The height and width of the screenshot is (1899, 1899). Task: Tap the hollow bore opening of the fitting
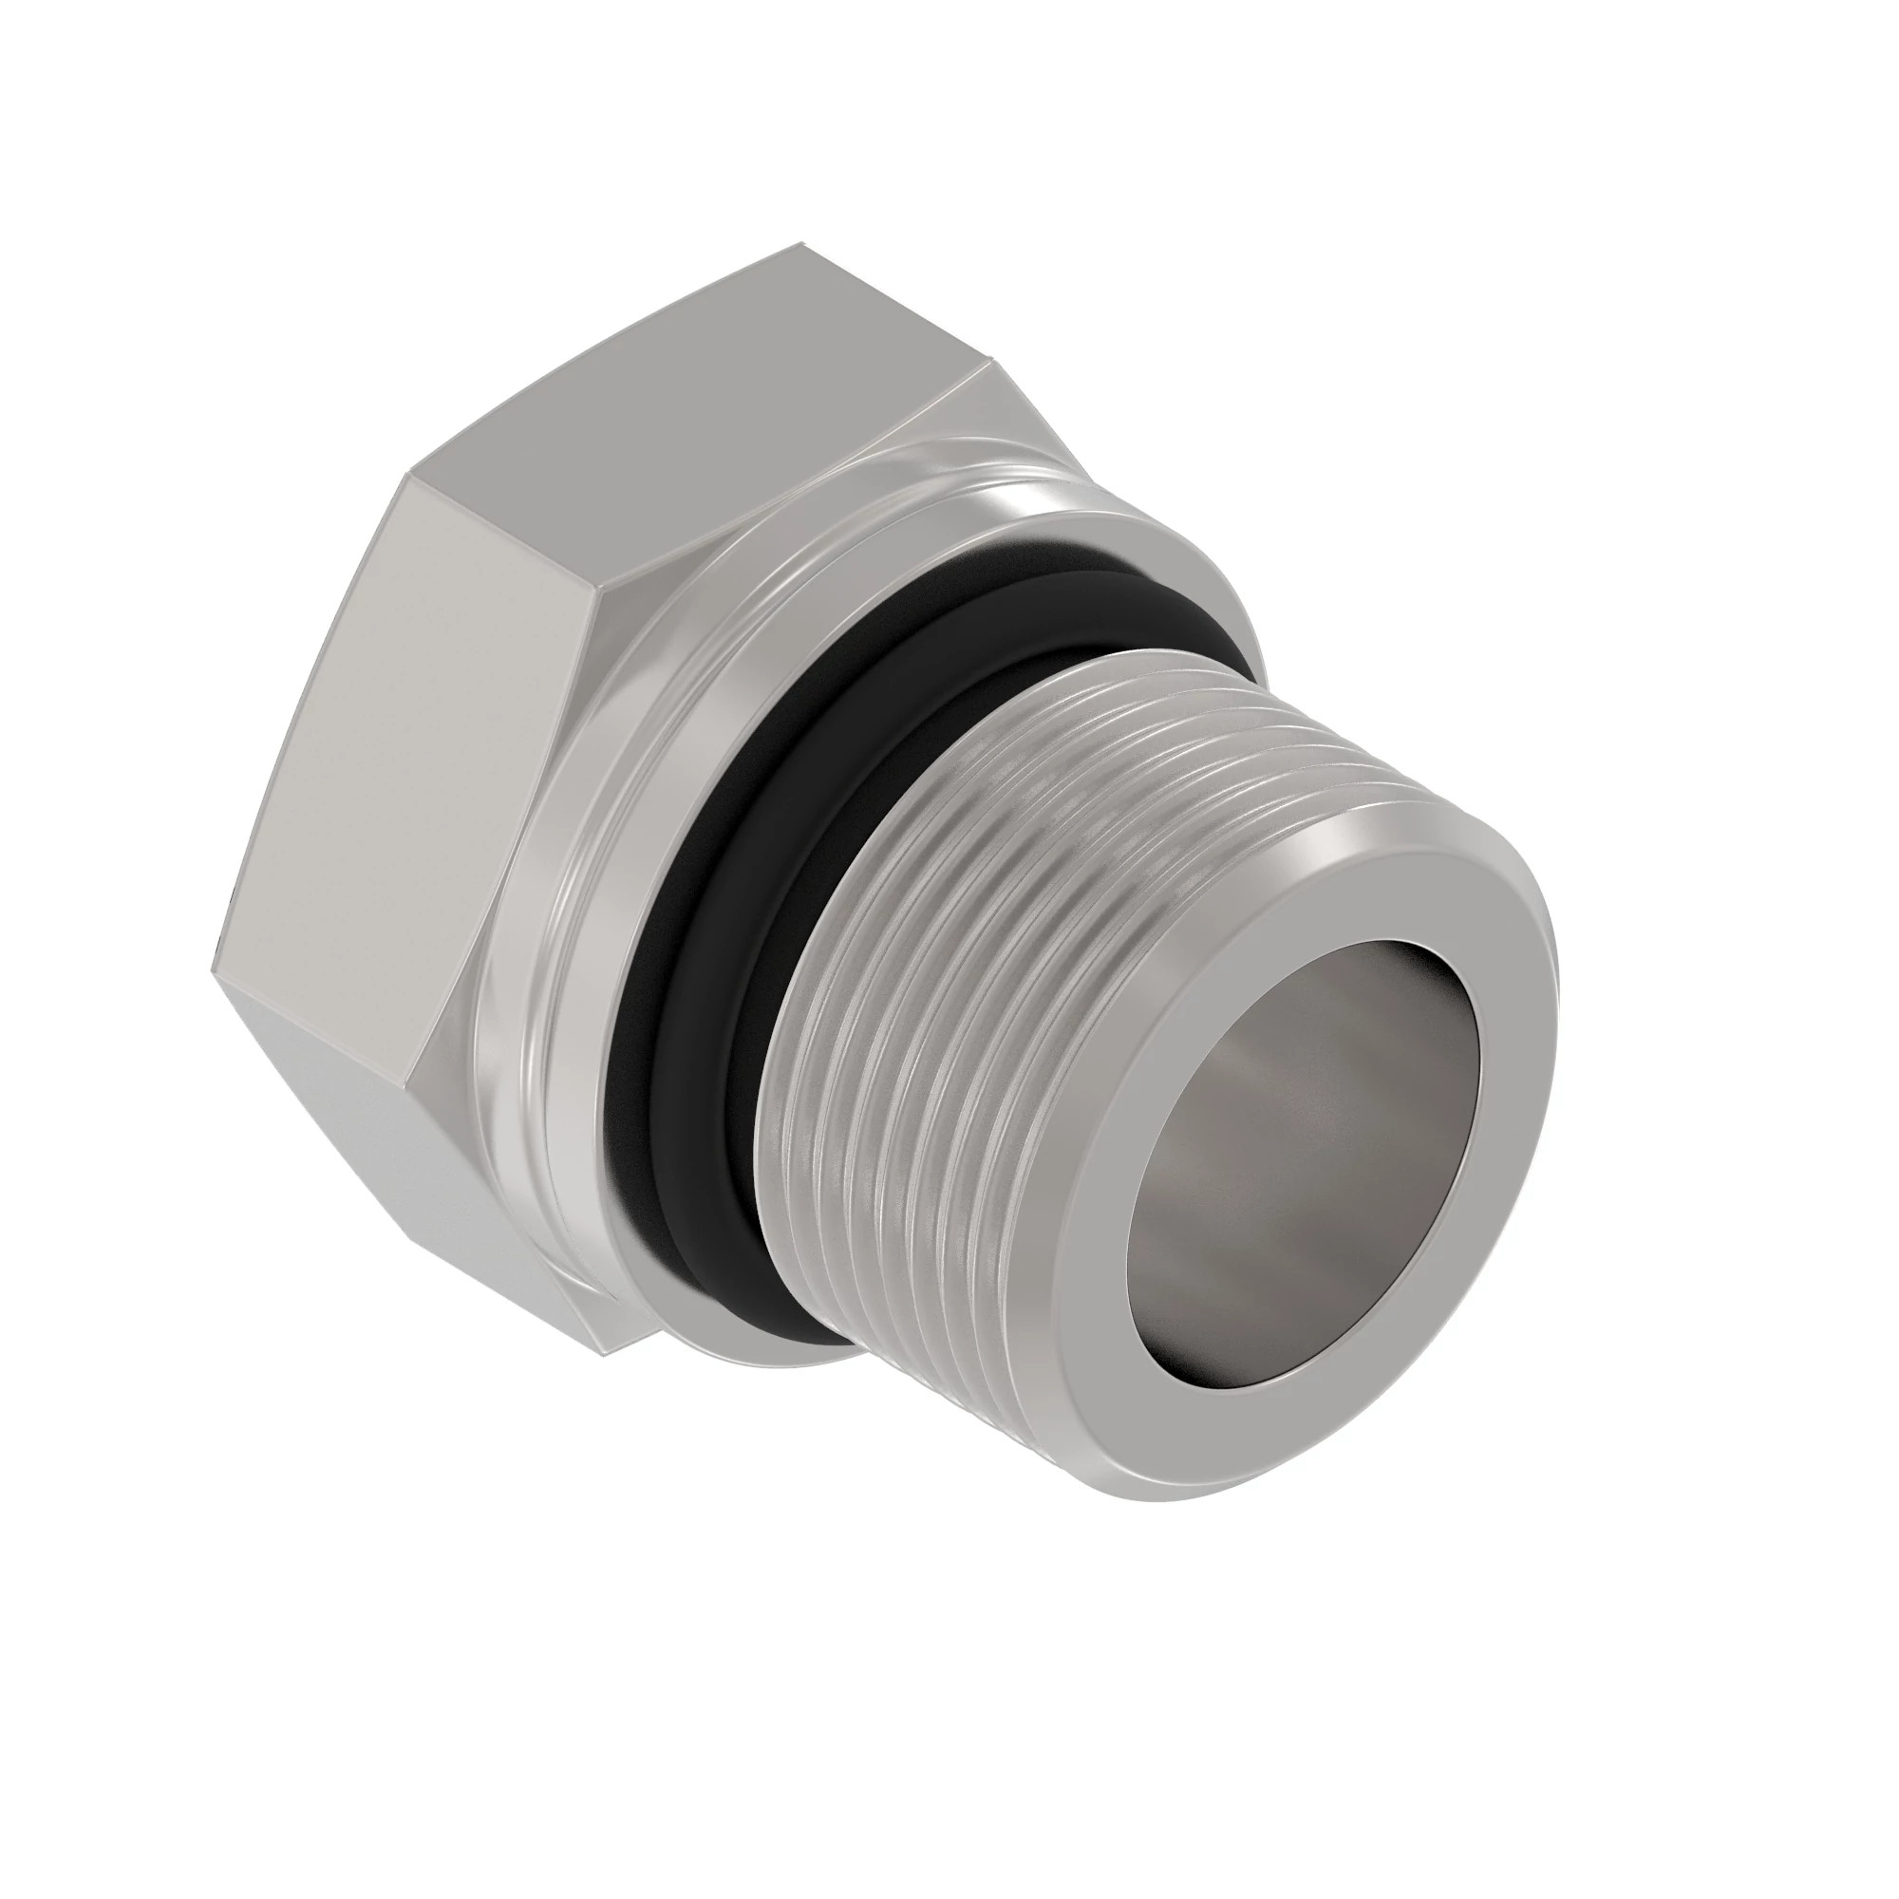click(x=1307, y=1160)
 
